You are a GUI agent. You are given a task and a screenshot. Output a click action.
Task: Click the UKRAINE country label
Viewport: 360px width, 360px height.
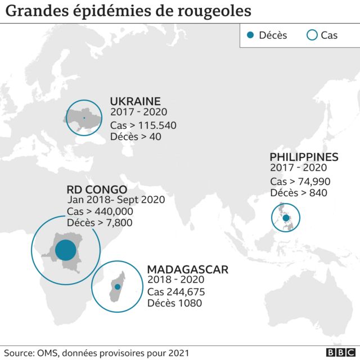135,101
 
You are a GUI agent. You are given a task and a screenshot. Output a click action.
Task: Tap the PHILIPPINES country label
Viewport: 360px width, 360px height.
304,157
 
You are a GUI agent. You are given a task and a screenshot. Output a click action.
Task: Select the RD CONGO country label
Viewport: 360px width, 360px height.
97,190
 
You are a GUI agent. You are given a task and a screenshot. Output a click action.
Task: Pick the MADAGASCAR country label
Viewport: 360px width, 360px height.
187,269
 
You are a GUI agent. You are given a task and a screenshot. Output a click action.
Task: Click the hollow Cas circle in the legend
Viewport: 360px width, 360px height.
312,35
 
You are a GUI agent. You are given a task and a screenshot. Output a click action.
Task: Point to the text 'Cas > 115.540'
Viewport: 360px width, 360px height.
143,125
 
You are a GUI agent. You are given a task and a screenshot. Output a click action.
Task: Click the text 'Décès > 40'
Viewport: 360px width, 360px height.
136,137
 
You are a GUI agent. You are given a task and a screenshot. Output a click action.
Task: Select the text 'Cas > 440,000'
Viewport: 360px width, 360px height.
100,211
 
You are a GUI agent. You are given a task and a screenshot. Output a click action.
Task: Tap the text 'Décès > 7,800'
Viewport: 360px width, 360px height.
100,223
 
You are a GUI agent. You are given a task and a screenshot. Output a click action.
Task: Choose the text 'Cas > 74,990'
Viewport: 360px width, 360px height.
300,181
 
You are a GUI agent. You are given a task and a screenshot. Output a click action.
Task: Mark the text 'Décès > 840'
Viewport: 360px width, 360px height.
298,193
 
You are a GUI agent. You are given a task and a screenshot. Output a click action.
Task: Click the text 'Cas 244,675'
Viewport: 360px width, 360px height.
175,292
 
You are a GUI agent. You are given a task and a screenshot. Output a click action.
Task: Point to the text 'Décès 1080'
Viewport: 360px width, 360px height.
174,304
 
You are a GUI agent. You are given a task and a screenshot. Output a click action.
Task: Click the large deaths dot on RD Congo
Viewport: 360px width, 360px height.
65,249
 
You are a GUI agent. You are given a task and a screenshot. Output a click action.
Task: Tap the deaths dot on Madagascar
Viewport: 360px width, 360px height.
117,287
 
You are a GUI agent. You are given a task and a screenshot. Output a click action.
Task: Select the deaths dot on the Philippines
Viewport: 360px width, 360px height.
286,218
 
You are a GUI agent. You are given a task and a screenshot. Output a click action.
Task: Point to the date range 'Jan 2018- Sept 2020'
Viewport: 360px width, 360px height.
116,200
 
